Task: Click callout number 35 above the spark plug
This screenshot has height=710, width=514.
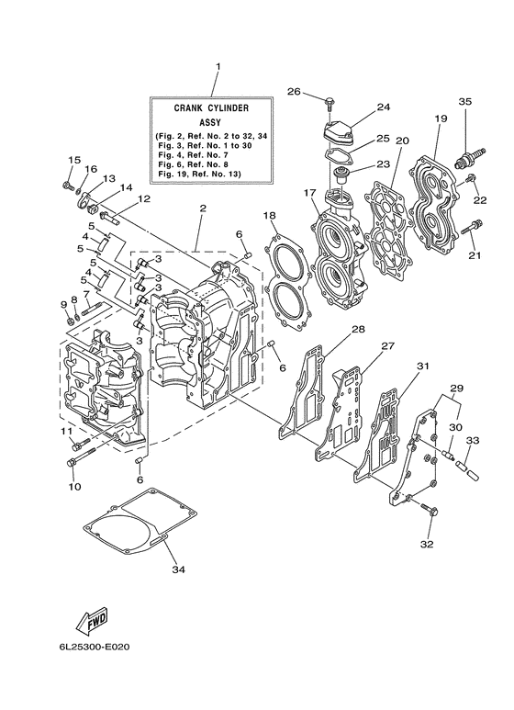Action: [464, 101]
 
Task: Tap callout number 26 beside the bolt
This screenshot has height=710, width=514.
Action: [294, 91]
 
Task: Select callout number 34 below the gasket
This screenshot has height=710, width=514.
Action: [178, 569]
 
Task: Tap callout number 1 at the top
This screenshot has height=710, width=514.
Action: [218, 67]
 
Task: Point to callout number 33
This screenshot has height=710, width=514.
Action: [473, 440]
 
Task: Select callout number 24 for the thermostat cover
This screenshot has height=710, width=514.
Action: [383, 107]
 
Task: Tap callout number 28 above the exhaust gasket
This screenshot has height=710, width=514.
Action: [357, 329]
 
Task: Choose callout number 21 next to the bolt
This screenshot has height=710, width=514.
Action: [474, 255]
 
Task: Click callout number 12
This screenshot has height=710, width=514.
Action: [144, 198]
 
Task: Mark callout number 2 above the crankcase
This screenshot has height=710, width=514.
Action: [202, 209]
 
